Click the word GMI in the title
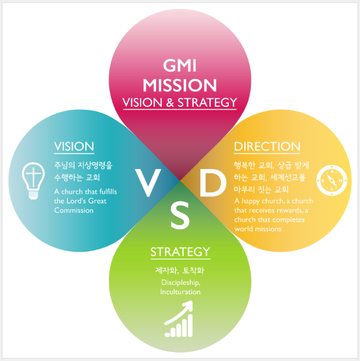point(179,65)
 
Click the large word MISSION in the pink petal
point(179,85)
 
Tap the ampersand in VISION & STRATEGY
point(170,103)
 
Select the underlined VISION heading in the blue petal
point(74,146)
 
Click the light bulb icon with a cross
point(33,180)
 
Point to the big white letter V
point(148,183)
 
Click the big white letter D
point(212,183)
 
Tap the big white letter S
point(180,215)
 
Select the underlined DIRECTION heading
point(267,146)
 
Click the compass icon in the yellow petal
point(332,180)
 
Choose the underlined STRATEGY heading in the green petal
point(181,252)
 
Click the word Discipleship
point(181,282)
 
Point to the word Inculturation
point(181,292)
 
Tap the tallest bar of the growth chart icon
point(190,326)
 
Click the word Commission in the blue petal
point(74,210)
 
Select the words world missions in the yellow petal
point(258,229)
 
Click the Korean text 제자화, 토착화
point(180,270)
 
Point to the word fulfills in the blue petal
point(108,191)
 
